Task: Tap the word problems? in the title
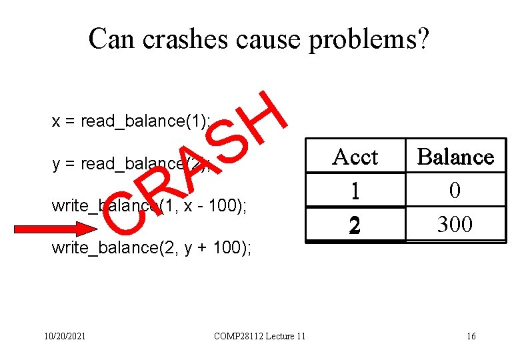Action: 375,40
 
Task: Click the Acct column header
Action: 355,157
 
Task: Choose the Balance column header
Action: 455,157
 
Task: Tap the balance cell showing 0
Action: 455,191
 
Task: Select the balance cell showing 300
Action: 455,225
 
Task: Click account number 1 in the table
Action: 355,191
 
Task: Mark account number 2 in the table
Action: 355,225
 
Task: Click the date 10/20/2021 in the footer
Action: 63,336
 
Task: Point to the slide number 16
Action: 471,336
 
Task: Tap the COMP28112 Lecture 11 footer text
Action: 259,336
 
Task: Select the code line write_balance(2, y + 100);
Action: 151,249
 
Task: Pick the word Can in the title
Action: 111,39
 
